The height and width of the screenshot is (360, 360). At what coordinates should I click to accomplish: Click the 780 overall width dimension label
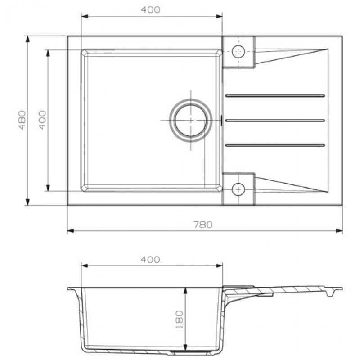(x=203, y=225)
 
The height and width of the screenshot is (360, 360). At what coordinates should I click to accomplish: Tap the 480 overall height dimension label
(x=22, y=120)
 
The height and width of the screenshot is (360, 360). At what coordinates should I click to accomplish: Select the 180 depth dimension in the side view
(x=179, y=319)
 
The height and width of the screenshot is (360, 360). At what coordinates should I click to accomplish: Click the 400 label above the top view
(x=151, y=9)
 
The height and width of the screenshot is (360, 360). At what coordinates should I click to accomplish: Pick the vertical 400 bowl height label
(x=42, y=120)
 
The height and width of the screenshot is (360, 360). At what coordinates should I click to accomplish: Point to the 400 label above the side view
(x=150, y=260)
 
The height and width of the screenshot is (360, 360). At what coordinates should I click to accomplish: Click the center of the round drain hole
(x=190, y=121)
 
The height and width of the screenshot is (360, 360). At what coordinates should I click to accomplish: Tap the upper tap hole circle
(x=238, y=51)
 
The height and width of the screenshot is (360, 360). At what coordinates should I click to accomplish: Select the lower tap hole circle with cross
(x=238, y=189)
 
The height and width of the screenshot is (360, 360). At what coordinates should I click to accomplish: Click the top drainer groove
(x=275, y=96)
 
